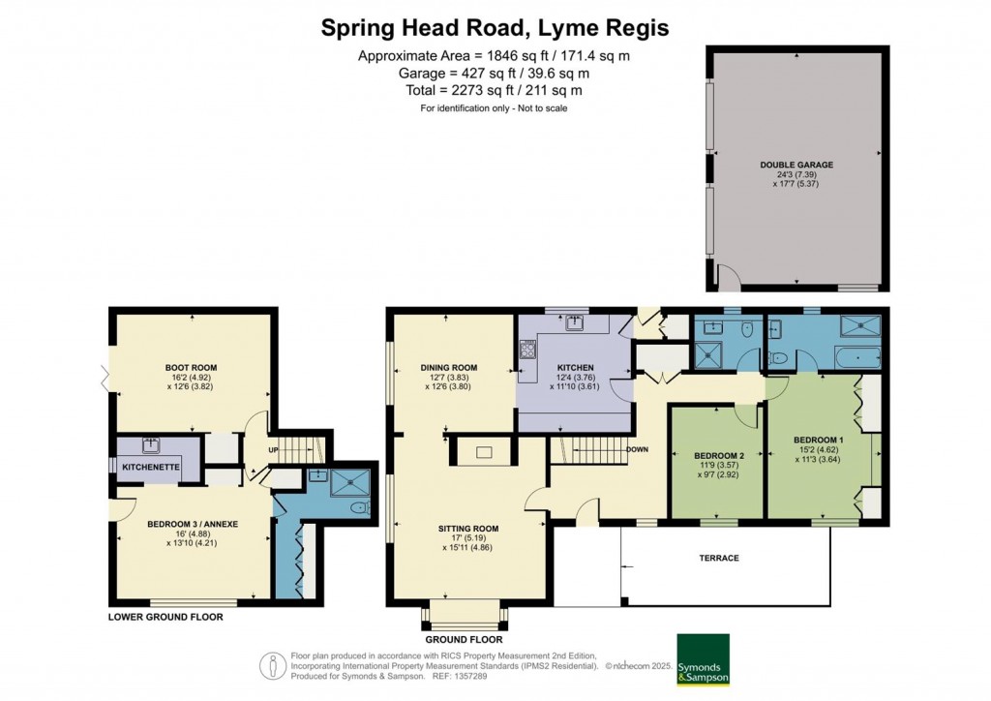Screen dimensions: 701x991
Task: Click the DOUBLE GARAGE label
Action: coord(796,165)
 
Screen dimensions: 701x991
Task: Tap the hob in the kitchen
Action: coord(528,349)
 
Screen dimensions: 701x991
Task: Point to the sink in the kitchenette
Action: coord(150,445)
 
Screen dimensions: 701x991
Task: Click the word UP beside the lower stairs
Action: coord(273,450)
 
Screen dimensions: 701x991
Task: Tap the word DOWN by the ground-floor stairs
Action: coord(636,450)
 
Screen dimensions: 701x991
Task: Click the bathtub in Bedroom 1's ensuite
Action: coord(851,358)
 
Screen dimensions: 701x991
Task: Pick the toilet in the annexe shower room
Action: coord(359,507)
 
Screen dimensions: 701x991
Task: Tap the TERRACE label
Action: coord(719,559)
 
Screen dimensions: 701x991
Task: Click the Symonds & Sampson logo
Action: coord(703,660)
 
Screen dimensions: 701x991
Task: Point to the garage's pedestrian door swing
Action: coord(726,280)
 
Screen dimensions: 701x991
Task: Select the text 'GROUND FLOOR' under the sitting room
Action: coord(464,640)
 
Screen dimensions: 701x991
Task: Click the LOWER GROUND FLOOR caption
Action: coord(165,617)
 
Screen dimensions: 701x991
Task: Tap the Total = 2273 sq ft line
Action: coord(494,90)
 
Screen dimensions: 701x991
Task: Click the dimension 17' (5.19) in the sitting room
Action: coord(472,537)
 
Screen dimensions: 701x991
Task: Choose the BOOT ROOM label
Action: coord(191,368)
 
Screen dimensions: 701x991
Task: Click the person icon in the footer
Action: coord(273,665)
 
